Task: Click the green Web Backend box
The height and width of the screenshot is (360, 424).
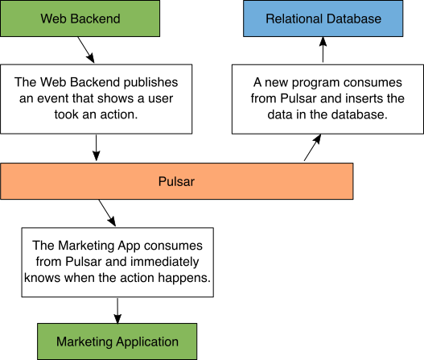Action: tap(80, 19)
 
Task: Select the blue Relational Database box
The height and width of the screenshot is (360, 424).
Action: tap(323, 19)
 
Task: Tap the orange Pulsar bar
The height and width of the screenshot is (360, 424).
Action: tap(176, 181)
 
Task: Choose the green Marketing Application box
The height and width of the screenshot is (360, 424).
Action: tap(117, 341)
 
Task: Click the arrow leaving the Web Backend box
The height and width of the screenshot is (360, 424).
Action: tap(86, 50)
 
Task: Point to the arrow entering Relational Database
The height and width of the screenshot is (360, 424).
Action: tap(323, 50)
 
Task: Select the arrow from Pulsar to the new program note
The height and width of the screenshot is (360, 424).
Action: tap(312, 147)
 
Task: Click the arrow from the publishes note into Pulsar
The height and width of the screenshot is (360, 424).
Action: tap(96, 147)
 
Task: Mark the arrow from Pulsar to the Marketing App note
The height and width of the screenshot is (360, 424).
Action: tap(107, 213)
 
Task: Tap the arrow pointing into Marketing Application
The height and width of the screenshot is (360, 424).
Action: tap(117, 310)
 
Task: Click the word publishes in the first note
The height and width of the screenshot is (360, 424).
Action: tap(151, 83)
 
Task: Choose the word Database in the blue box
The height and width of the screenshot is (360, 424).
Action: tap(354, 19)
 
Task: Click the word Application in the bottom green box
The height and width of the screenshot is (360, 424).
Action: tap(147, 341)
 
